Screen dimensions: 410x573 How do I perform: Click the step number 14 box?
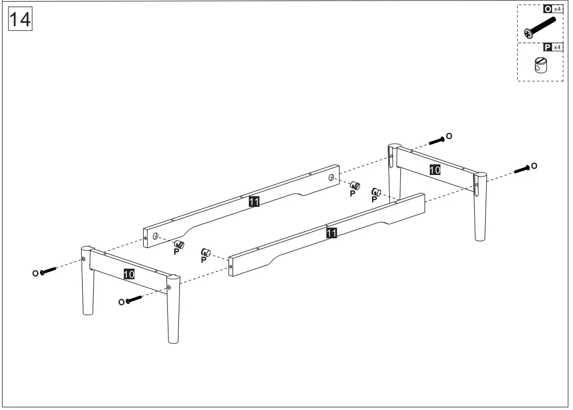(x=21, y=20)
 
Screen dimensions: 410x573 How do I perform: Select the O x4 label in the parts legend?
(x=553, y=9)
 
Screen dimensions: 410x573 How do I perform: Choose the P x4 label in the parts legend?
(x=553, y=47)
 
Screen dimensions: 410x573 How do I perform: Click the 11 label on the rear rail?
(x=254, y=202)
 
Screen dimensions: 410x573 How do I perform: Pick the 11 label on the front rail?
(x=331, y=233)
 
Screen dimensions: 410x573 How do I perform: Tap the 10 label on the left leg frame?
(x=129, y=274)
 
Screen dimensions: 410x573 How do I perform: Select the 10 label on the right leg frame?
(x=435, y=170)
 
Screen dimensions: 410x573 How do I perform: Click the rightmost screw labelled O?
(x=521, y=169)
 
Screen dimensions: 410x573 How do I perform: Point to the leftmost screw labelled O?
(x=47, y=271)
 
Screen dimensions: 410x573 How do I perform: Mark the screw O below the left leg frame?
(x=134, y=300)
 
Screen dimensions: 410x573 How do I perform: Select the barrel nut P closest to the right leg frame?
(x=376, y=192)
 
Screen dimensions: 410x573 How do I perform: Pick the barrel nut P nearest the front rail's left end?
(x=205, y=253)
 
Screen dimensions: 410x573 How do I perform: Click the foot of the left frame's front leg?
(x=173, y=339)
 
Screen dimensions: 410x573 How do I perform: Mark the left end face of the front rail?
(x=231, y=267)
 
